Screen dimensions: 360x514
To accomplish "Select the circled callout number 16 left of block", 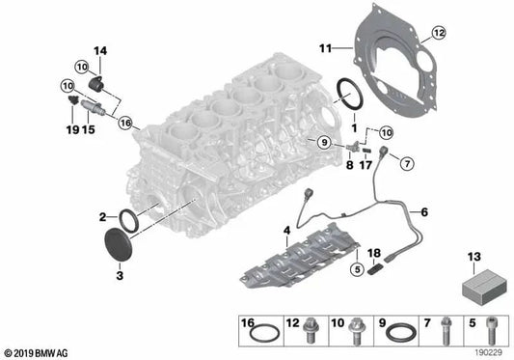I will (124, 123).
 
